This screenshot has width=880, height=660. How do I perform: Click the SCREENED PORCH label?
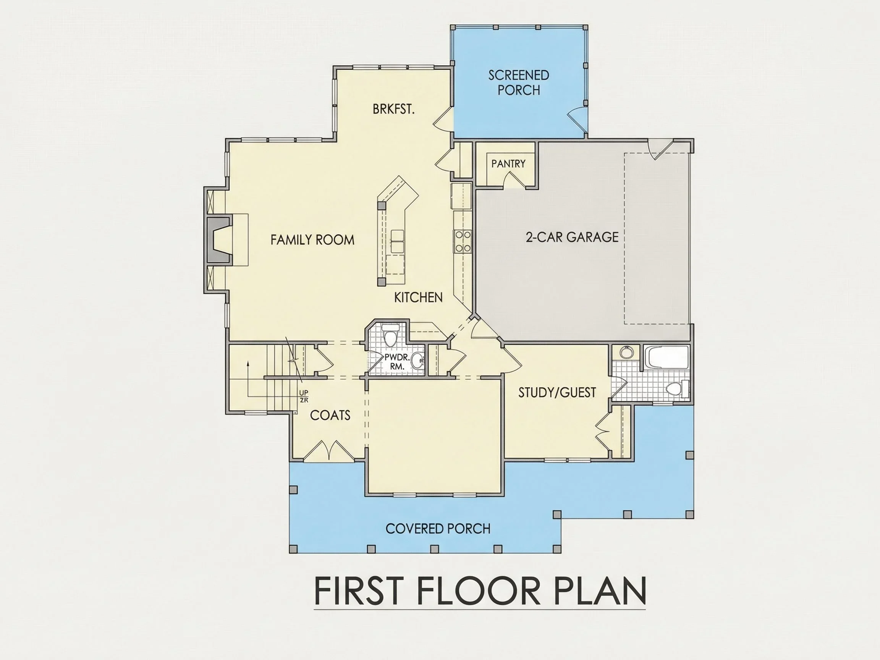pos(519,83)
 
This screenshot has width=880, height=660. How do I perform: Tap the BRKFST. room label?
pos(393,109)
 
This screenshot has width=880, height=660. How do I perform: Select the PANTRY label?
pos(508,163)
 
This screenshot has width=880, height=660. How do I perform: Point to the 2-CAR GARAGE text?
pos(572,237)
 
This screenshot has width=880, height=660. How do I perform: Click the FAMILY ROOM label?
pos(312,240)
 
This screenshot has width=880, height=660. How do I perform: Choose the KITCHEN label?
pos(418,298)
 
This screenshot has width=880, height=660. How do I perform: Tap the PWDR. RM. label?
pos(396,362)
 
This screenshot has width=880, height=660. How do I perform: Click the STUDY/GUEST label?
pos(557,393)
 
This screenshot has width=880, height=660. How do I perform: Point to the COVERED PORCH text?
pos(438,529)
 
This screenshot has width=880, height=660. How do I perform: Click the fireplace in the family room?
pos(218,240)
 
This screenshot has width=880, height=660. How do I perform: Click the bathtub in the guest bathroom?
pos(666,357)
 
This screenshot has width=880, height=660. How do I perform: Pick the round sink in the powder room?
pos(417,361)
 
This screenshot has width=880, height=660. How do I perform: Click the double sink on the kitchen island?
pos(398,241)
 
